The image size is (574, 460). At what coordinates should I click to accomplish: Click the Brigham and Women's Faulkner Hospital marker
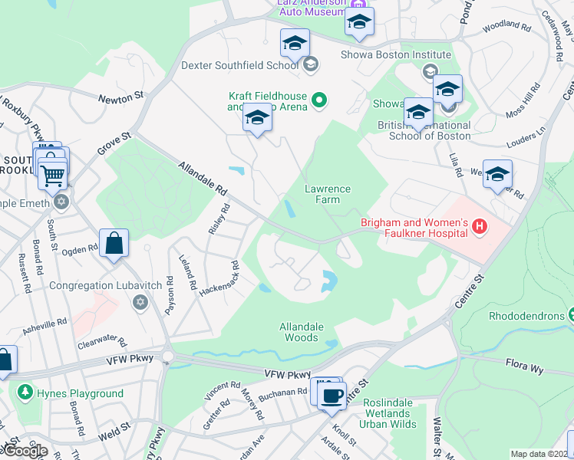point(480,226)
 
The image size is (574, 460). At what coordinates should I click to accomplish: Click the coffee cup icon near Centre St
point(332,396)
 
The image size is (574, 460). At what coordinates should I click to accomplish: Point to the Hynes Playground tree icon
point(25,393)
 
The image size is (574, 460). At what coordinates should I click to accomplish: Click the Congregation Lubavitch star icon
point(140,303)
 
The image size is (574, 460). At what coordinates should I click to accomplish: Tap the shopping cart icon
point(52,175)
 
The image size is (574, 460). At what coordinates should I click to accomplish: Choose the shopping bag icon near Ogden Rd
point(114,244)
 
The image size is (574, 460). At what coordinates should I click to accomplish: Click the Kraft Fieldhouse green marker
point(320,99)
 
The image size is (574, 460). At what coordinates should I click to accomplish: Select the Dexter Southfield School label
point(240,65)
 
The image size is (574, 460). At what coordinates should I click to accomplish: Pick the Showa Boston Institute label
point(396,55)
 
